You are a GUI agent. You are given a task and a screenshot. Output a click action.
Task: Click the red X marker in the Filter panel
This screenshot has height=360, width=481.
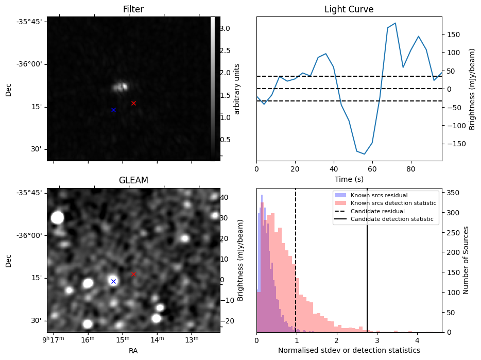(x=133, y=103)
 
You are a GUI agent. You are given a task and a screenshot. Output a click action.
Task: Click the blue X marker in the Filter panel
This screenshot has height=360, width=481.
(x=113, y=110)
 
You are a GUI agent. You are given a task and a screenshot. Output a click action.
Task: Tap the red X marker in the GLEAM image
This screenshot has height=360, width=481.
(x=133, y=274)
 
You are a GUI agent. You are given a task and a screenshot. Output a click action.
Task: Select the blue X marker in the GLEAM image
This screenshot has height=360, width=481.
(x=113, y=281)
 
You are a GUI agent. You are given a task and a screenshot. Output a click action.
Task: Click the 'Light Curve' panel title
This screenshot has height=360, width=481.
(x=349, y=10)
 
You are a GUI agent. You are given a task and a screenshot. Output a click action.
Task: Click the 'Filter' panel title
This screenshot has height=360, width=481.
(x=133, y=10)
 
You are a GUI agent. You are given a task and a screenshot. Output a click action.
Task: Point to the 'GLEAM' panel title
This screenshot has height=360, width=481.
(x=133, y=180)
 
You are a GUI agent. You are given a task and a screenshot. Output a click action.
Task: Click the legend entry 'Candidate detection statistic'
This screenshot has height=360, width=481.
(x=393, y=219)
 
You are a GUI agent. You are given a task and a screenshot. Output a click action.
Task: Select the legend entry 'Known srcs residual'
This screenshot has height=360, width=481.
(x=379, y=195)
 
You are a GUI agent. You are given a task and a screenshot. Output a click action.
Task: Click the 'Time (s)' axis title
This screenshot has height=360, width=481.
(x=349, y=178)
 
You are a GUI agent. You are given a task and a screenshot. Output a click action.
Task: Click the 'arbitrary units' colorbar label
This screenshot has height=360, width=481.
(x=237, y=89)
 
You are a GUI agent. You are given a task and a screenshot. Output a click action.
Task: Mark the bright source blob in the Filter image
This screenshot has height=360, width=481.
(x=121, y=87)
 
